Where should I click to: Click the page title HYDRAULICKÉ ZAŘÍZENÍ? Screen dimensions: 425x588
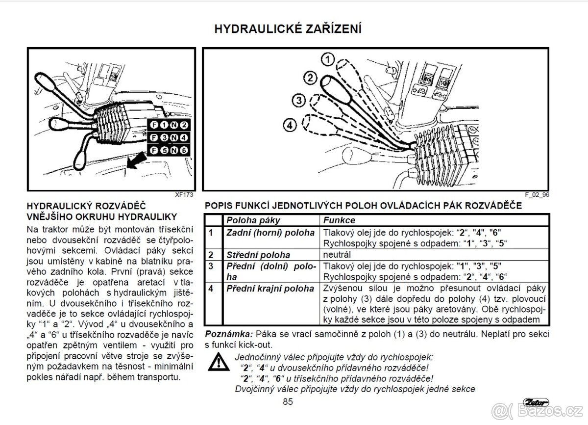(x=288, y=29)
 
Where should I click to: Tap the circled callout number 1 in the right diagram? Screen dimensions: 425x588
(x=328, y=60)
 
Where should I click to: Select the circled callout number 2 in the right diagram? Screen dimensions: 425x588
(x=310, y=77)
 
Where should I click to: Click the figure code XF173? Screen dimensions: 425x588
(x=184, y=194)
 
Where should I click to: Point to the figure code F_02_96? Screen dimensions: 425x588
(x=537, y=194)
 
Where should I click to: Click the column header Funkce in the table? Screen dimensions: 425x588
(x=339, y=220)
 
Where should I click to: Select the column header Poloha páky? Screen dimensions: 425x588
(x=254, y=220)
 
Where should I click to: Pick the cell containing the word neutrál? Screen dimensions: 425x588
(x=338, y=255)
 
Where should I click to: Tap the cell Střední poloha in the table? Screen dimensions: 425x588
(x=258, y=255)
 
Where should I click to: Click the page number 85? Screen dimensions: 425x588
(x=288, y=402)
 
